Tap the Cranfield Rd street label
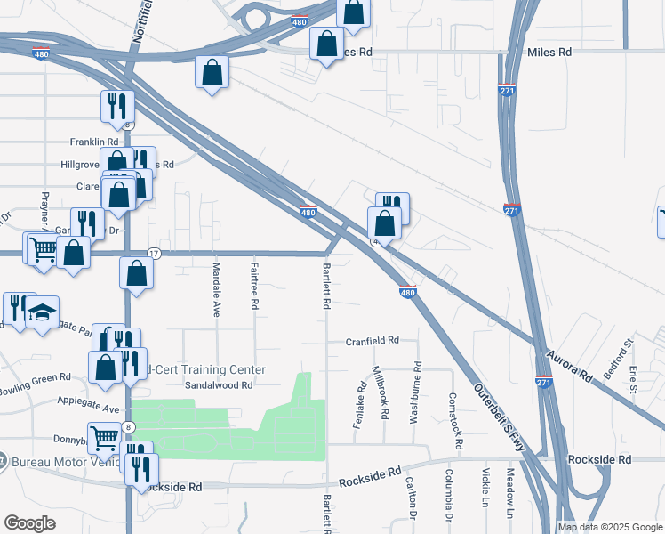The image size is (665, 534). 373,341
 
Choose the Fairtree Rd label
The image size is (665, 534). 255,290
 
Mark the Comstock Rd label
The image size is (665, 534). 456,419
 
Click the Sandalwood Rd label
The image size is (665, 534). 219,385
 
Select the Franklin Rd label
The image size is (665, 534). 94,142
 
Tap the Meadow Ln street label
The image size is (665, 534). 511,494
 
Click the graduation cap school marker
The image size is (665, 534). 42,312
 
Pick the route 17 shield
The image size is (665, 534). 154,254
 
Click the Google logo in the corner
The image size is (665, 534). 29,523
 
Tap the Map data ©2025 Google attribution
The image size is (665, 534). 609,527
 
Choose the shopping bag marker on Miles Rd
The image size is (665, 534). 327,43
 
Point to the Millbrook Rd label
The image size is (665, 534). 383,393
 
